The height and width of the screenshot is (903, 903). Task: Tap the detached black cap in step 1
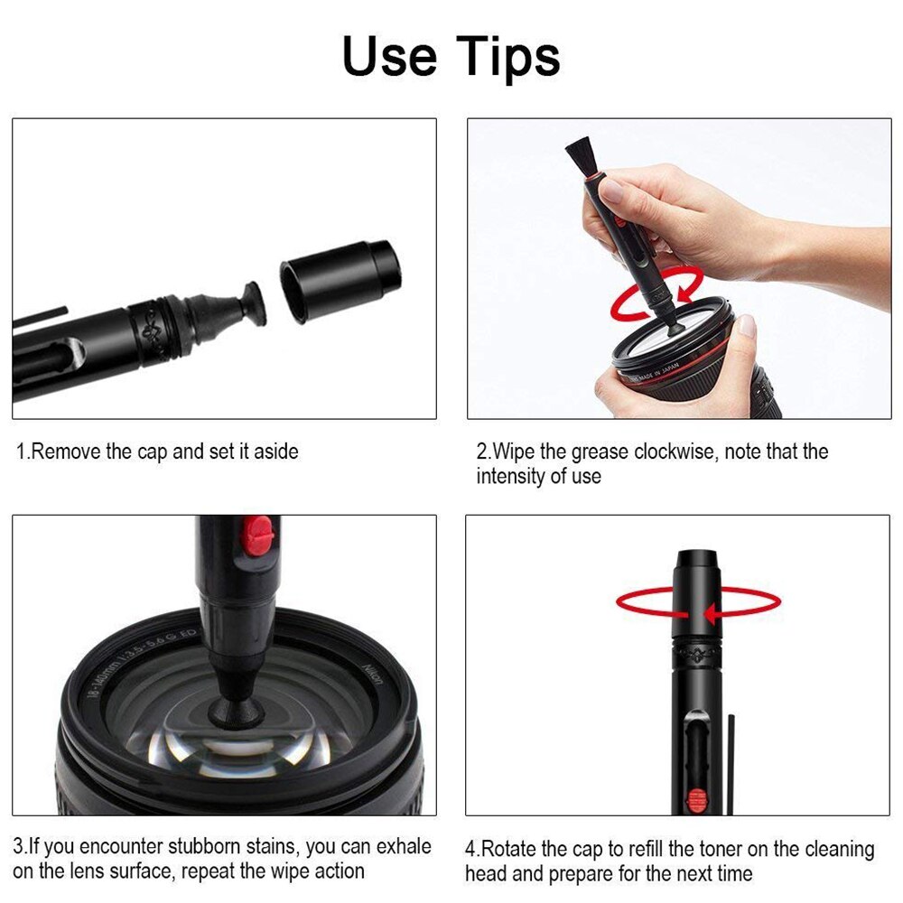pos(340,279)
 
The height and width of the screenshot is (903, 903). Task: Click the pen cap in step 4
pos(697,587)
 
